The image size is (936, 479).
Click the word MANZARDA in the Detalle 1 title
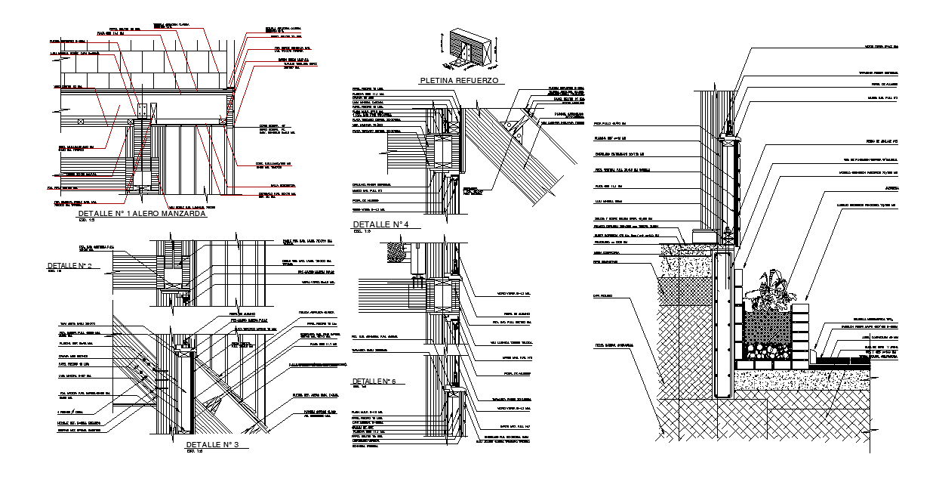click(x=180, y=215)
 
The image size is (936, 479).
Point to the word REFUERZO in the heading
click(x=479, y=80)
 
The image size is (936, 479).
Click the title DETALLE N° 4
click(x=380, y=224)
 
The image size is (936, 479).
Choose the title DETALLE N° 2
click(x=69, y=266)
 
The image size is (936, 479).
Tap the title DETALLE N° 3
click(x=212, y=444)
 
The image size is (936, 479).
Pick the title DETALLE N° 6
click(x=378, y=380)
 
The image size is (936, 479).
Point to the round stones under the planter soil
click(x=768, y=350)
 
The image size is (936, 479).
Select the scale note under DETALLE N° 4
click(x=358, y=232)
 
